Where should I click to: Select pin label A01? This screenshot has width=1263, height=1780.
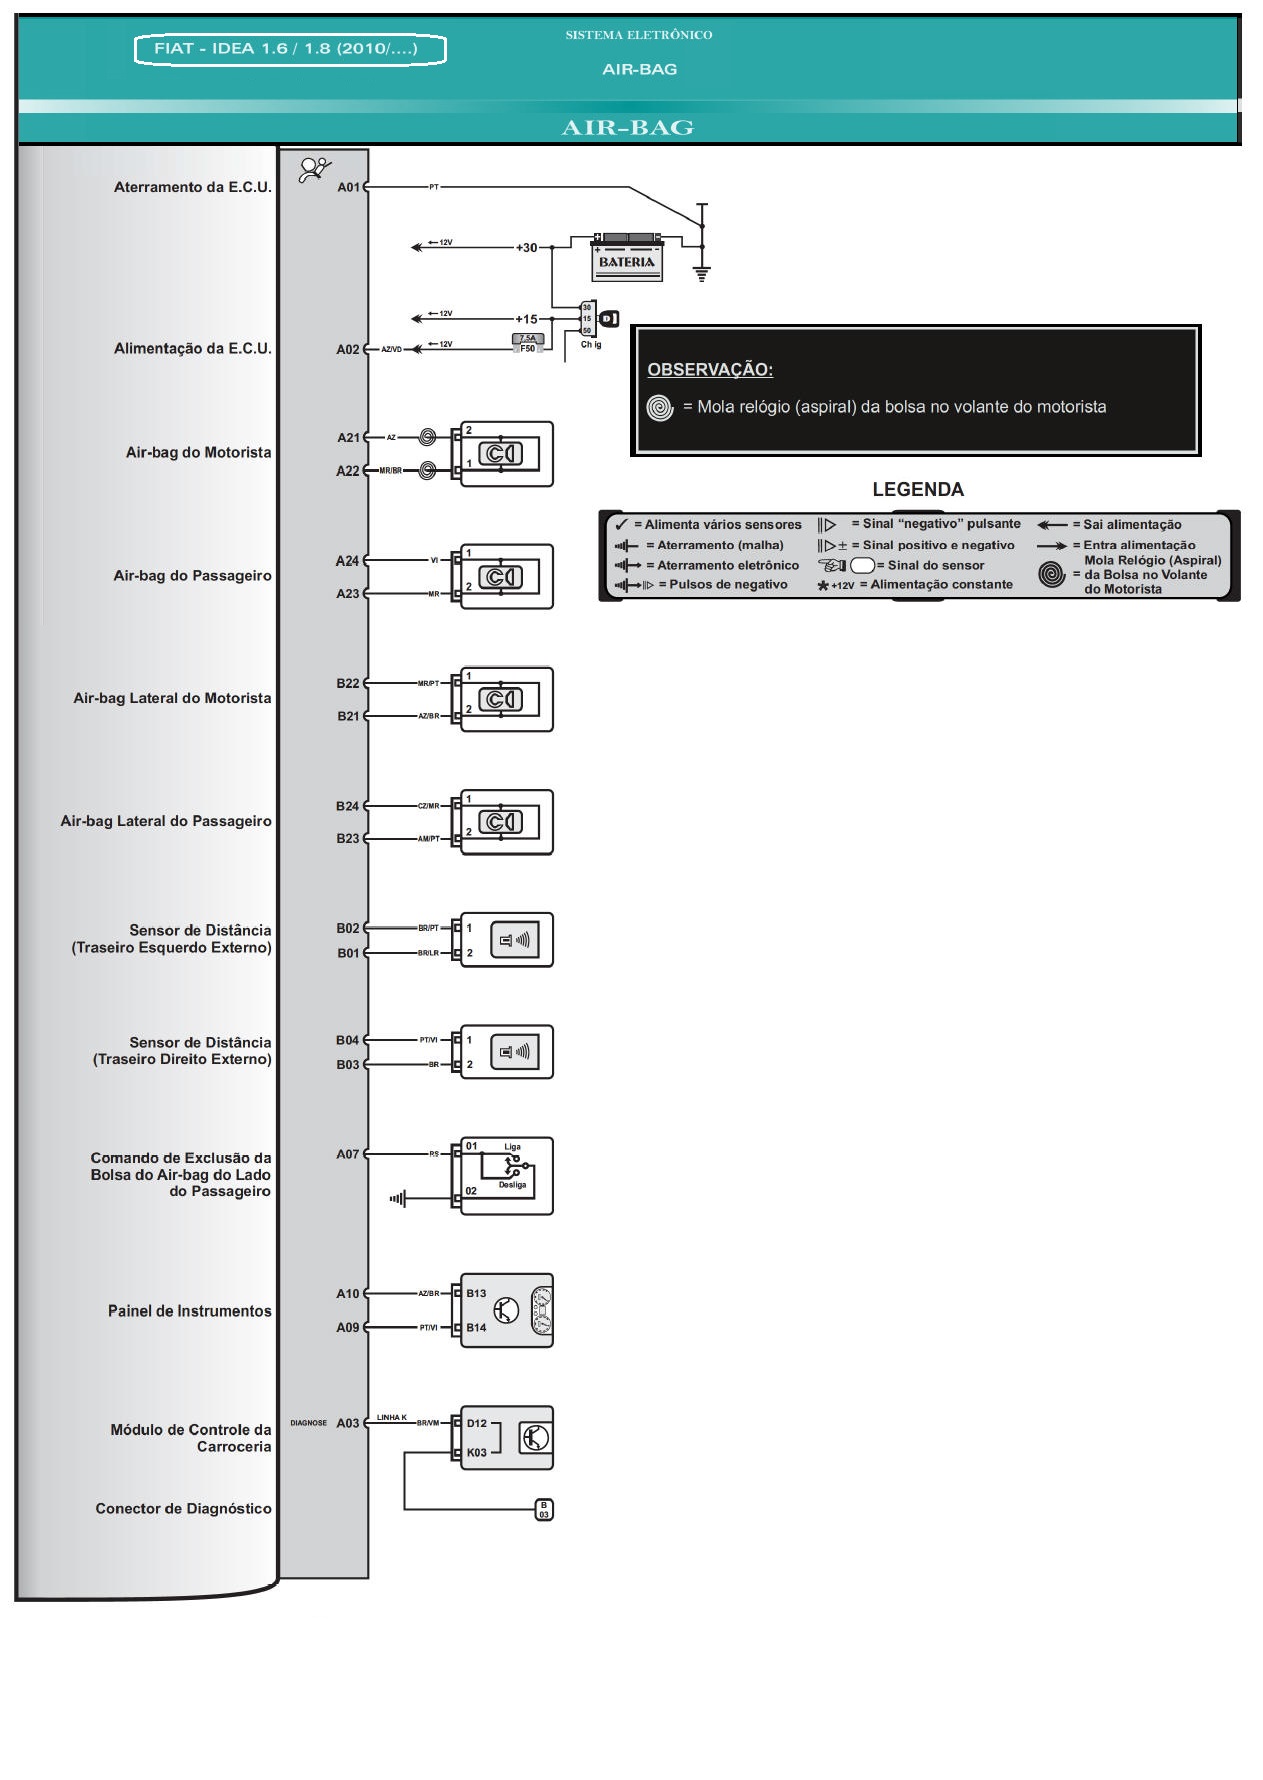coord(347,187)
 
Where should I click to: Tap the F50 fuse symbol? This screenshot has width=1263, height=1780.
coord(527,344)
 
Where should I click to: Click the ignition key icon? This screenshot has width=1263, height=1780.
coord(608,319)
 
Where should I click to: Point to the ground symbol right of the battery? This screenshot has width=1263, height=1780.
coord(702,274)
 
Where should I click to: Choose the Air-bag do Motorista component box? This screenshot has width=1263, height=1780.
coord(506,454)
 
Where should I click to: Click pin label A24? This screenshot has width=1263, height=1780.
coord(346,561)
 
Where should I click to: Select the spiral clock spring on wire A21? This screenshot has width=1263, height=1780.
coord(427,437)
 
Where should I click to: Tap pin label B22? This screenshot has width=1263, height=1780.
coord(347,684)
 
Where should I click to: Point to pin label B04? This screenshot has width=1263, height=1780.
coord(347,1040)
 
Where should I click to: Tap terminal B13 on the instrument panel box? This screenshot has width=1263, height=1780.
coord(476,1293)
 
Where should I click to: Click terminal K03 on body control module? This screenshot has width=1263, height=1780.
coord(477,1452)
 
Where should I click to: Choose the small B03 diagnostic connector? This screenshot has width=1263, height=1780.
coord(544,1510)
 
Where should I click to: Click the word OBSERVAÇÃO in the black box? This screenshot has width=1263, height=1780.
coord(710,370)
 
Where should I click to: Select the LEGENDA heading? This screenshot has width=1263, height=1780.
coord(918,490)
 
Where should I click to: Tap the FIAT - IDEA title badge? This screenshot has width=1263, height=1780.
coord(290,49)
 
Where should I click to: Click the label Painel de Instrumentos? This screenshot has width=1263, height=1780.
coord(189,1311)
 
